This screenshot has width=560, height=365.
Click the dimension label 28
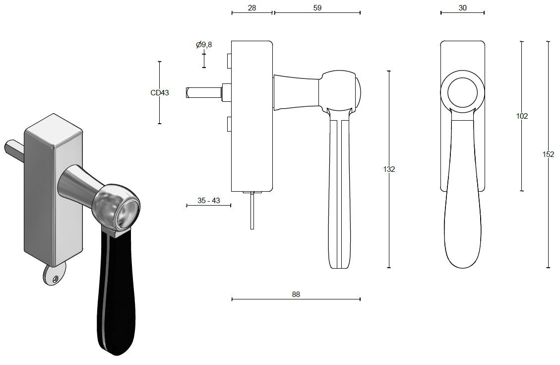pos(251,7)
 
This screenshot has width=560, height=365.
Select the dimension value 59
pos(317,7)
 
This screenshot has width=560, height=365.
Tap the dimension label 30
pos(462,7)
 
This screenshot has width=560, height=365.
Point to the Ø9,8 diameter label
pos(204,45)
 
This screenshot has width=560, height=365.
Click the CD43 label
pos(160,92)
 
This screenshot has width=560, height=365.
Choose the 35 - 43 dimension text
pos(208,201)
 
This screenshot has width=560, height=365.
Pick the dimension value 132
pos(389,169)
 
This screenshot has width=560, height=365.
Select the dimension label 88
pos(296,294)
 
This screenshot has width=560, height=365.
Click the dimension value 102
pos(521,116)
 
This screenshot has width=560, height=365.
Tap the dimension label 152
pos(548,154)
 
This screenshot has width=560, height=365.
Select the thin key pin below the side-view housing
pos(252,211)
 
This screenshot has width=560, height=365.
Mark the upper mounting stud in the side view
pos(229,61)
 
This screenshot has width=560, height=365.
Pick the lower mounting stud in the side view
pos(229,124)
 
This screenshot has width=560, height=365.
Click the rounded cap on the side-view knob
pos(358,92)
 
